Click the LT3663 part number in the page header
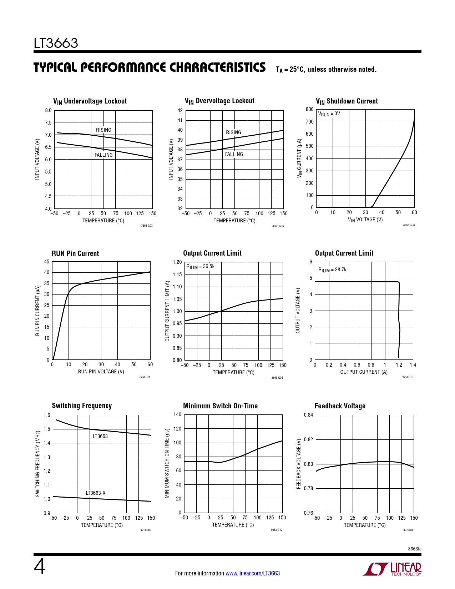(56, 43)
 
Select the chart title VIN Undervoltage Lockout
(90, 101)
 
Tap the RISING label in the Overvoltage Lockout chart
(233, 132)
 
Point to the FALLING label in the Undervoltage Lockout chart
(103, 155)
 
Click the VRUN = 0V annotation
(329, 114)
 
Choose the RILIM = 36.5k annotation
(200, 267)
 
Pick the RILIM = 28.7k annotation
(332, 270)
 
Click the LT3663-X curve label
(96, 493)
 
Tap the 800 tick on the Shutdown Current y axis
(310, 109)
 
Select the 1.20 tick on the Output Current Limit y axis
(177, 262)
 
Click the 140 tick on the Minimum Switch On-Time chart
(177, 414)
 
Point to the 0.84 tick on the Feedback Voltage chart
(308, 415)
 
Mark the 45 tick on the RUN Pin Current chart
(47, 262)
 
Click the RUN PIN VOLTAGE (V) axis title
(101, 372)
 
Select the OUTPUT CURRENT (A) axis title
(364, 372)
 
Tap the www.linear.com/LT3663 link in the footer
(252, 573)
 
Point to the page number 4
(40, 567)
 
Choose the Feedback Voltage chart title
(340, 406)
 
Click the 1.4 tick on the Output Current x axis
(413, 365)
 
